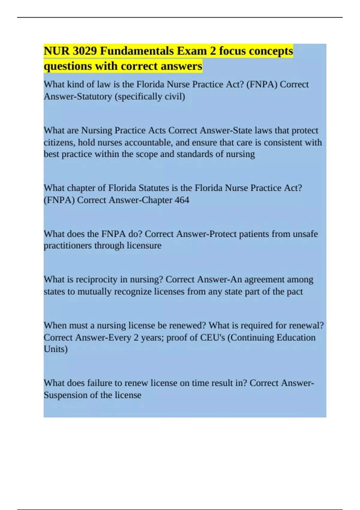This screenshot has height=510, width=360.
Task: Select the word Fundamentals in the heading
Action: point(137,51)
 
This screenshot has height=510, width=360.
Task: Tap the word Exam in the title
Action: point(192,51)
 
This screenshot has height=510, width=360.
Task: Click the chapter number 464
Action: point(182,200)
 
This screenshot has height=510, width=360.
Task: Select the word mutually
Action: point(94,292)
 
